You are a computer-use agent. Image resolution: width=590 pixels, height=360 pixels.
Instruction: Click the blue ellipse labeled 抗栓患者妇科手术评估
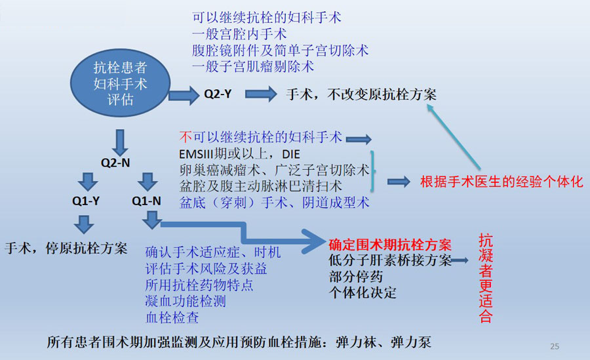[120, 83]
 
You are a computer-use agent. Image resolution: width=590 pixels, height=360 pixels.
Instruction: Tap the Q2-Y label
[218, 94]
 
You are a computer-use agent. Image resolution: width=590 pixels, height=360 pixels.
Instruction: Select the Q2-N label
[115, 163]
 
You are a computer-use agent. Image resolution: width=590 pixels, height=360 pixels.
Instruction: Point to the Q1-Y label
[86, 201]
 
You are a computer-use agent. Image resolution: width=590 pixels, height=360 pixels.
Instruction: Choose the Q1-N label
[146, 201]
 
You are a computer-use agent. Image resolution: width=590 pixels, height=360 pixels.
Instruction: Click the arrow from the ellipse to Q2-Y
[184, 95]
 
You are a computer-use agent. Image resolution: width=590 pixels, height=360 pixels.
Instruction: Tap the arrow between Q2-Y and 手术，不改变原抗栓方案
[261, 94]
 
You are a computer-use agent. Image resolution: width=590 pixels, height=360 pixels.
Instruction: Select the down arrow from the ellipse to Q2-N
[120, 142]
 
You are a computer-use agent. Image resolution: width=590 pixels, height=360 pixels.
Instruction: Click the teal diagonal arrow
[453, 136]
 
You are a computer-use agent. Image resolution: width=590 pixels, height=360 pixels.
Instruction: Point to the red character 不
[186, 136]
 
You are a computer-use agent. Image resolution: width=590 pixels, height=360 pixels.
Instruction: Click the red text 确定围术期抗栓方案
[390, 245]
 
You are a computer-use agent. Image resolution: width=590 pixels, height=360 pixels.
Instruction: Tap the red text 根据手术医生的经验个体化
[501, 182]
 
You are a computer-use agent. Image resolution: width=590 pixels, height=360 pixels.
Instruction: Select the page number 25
[555, 346]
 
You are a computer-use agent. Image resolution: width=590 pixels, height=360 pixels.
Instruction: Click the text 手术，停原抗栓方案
[66, 248]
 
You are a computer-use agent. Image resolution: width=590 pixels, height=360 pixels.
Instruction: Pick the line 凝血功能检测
[186, 301]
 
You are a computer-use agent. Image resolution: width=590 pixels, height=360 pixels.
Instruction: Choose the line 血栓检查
[172, 317]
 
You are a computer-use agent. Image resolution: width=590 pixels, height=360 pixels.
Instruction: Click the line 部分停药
[355, 277]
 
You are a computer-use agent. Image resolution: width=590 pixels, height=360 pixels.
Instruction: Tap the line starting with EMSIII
[239, 154]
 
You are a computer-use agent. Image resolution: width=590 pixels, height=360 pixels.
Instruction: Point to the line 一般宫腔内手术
[239, 34]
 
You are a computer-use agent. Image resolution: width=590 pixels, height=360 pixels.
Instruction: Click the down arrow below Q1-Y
[84, 224]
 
